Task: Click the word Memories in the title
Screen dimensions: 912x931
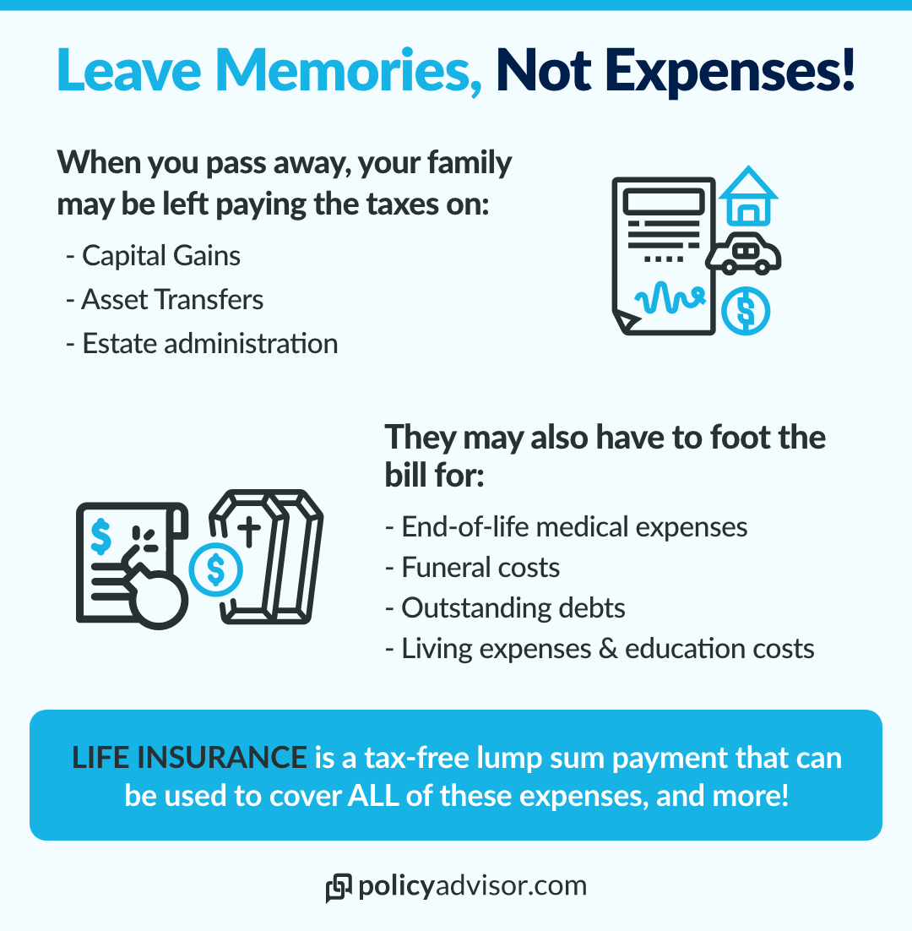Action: click(348, 70)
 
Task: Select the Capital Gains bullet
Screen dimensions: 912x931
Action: click(153, 256)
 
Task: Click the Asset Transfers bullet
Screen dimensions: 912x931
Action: click(165, 299)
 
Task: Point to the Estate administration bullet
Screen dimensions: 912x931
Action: click(202, 343)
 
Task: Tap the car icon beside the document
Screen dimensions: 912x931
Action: click(743, 253)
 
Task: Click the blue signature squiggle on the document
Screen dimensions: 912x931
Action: click(670, 297)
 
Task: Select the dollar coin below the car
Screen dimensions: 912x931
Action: click(746, 311)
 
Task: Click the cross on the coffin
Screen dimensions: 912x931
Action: click(249, 531)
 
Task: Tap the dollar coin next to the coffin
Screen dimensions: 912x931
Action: click(216, 569)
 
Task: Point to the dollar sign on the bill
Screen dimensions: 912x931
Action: click(100, 536)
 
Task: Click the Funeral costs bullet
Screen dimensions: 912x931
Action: click(472, 567)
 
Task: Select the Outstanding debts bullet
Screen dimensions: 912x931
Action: click(505, 608)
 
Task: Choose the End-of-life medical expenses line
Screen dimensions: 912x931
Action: click(566, 526)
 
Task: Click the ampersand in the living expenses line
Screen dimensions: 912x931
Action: click(608, 648)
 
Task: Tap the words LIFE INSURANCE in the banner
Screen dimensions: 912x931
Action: click(189, 758)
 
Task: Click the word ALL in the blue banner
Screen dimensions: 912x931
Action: click(373, 796)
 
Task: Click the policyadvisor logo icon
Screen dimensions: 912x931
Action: click(339, 888)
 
